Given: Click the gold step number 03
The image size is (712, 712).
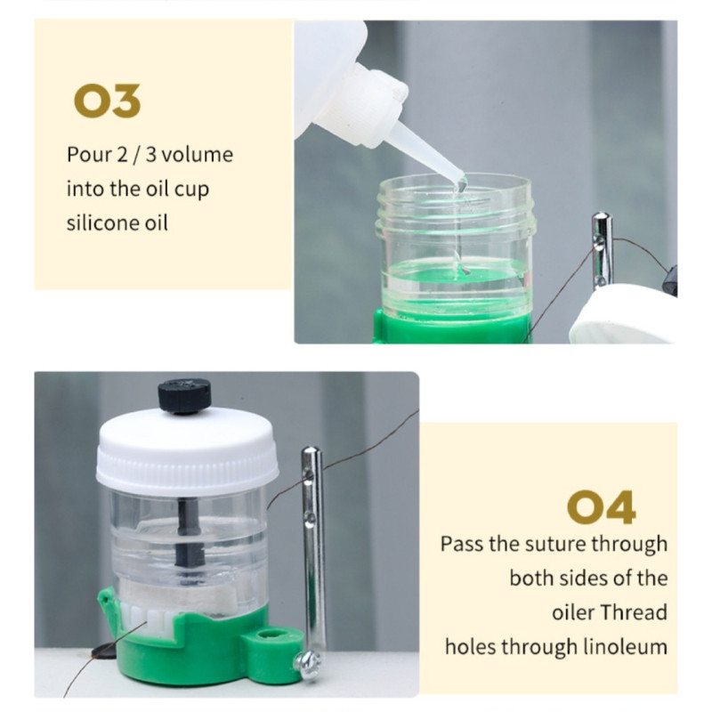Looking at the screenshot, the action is tap(107, 101).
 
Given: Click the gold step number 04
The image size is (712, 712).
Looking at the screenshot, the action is tap(602, 506).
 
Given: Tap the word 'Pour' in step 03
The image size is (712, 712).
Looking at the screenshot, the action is tap(89, 154).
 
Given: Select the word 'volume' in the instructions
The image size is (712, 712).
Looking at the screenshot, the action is tap(197, 154).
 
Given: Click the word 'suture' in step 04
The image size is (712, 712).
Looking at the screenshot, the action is tap(526, 544).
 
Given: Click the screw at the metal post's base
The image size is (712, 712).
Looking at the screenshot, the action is tap(308, 666).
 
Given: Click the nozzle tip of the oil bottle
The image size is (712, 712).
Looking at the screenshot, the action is tap(462, 183).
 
